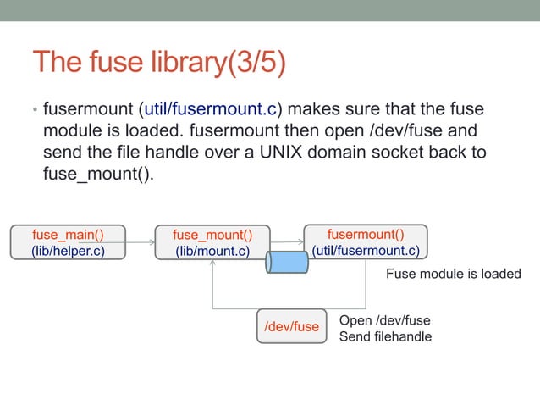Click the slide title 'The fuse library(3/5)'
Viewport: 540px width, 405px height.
pos(158,63)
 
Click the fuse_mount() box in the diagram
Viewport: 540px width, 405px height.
pos(212,242)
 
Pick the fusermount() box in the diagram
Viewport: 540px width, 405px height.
pos(365,241)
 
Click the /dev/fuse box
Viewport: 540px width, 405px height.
pos(291,326)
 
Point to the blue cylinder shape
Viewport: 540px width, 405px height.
pos(286,262)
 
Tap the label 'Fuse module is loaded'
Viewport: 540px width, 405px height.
pos(453,274)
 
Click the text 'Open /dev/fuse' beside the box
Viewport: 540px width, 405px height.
pos(384,320)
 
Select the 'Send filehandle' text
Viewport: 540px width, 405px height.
pos(385,336)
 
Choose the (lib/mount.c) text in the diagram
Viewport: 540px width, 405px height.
pos(212,251)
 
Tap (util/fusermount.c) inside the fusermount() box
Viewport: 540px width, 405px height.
pos(366,250)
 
